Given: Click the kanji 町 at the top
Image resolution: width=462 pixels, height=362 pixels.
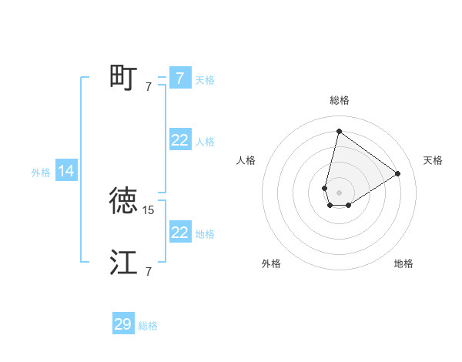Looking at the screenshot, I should [x=123, y=77].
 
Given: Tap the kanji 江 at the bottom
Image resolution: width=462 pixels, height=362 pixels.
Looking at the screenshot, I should [x=123, y=263].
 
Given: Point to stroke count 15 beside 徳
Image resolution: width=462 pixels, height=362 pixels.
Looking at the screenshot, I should [x=149, y=209].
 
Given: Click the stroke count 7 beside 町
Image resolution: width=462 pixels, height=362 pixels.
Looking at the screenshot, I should [x=149, y=86].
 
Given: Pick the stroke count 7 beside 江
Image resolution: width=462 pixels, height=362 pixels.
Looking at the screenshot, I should [x=149, y=271].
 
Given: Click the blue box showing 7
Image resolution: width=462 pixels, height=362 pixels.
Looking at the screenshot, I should [x=179, y=78].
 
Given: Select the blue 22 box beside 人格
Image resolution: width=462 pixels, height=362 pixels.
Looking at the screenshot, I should [x=179, y=140].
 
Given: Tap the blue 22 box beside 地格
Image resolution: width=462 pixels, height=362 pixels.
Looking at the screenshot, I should [x=179, y=232].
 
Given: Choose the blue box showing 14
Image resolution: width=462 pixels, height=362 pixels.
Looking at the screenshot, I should [x=66, y=171].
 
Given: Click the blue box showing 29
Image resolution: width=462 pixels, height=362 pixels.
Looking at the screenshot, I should [x=123, y=324].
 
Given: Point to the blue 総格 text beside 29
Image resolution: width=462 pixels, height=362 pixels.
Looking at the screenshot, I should [x=148, y=326].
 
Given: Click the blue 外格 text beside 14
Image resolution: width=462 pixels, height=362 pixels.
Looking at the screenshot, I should [x=41, y=173].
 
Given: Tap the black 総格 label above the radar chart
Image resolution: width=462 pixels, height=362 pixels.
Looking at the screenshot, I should [x=339, y=100].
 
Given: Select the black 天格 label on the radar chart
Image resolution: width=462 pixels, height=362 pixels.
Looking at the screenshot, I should [x=433, y=160].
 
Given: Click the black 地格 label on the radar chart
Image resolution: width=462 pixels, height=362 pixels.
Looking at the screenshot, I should [x=403, y=263].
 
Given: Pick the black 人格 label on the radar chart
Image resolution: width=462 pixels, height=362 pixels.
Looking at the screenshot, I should [x=246, y=160].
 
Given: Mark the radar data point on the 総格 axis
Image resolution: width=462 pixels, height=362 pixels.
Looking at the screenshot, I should [x=339, y=131].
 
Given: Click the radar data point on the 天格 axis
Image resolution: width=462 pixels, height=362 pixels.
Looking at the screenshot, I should [x=398, y=173].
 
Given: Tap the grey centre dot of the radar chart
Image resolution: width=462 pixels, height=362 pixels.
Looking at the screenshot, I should [x=339, y=193].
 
